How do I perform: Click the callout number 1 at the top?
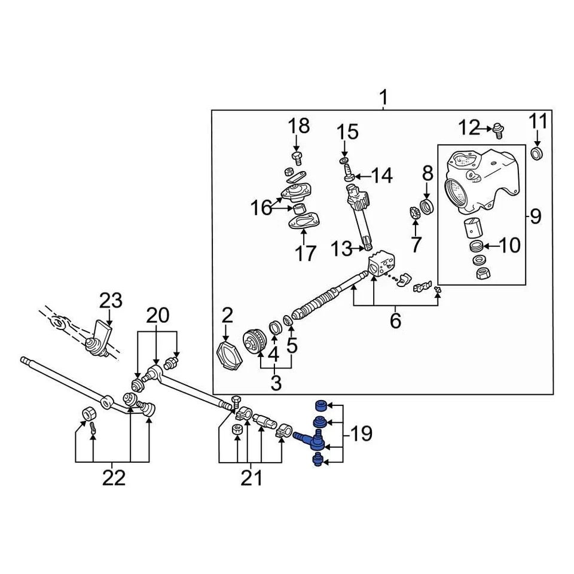(x=383, y=97)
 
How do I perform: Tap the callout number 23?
(x=109, y=300)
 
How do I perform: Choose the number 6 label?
(x=395, y=321)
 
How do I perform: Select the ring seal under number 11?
(x=537, y=154)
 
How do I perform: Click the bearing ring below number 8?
(x=427, y=207)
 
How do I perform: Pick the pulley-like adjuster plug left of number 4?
(x=255, y=343)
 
